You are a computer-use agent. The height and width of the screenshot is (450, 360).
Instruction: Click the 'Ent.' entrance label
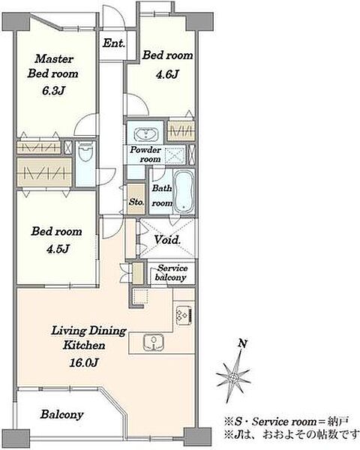(114, 43)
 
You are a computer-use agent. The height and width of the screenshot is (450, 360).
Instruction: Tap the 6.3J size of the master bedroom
(53, 91)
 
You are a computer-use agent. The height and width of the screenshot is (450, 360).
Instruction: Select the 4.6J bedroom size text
(167, 74)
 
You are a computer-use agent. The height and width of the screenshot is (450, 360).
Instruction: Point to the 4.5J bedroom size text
(58, 249)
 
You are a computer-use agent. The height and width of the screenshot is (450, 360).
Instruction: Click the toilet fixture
(85, 155)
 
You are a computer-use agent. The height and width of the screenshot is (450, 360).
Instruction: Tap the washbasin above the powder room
(145, 134)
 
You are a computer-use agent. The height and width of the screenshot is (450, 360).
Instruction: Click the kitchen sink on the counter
(154, 342)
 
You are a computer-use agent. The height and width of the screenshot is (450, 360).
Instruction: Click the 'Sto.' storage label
(136, 202)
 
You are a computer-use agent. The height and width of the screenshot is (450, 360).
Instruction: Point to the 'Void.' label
(167, 240)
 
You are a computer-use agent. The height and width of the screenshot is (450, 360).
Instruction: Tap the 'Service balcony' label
(172, 273)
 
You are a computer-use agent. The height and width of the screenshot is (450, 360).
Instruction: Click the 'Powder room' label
(145, 154)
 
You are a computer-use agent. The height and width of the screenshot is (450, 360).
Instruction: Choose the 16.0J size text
(84, 363)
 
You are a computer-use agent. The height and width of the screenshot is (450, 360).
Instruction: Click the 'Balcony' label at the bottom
(62, 414)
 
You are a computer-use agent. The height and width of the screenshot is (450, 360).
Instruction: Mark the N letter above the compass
(243, 343)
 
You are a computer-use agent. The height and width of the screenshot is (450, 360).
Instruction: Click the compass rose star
(234, 376)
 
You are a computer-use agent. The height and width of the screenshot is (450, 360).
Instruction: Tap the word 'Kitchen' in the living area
(84, 345)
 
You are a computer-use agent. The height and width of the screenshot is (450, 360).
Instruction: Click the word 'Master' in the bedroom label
(54, 58)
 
